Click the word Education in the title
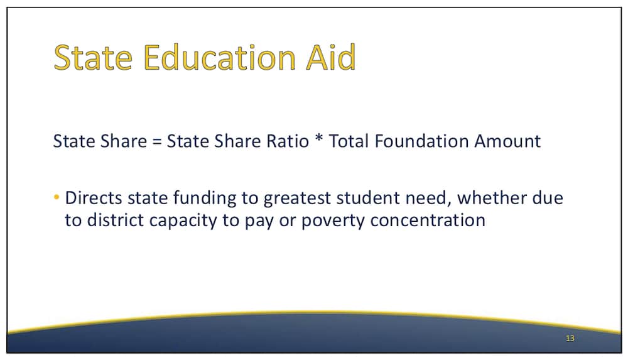pos(219,57)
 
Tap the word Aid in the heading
pos(331,57)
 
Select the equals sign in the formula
pos(157,141)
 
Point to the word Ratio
pos(288,141)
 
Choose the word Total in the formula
pos(349,141)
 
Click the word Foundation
pos(422,141)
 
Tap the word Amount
pos(507,141)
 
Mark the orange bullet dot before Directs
pos(57,197)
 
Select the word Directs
pos(94,198)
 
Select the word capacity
pos(183,221)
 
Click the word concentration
pos(428,220)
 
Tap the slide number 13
pos(570,339)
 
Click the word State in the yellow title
pos(93,57)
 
